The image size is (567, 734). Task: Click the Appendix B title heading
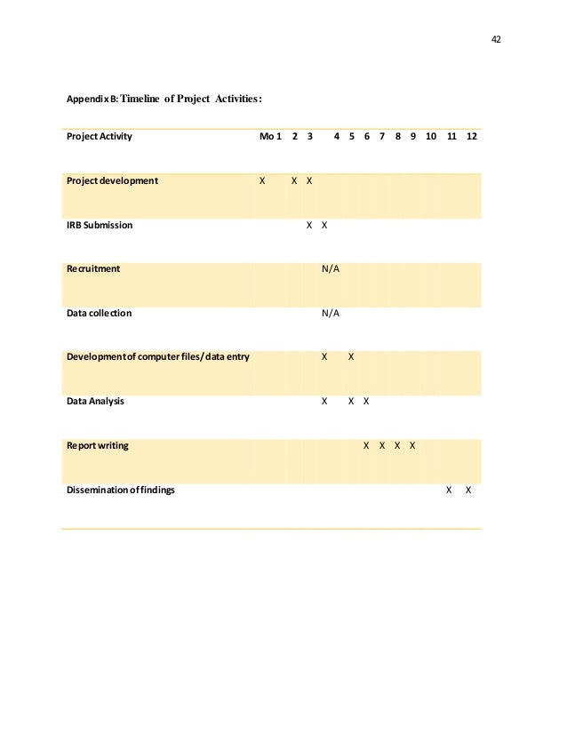pyautogui.click(x=164, y=99)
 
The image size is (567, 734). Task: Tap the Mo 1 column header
pyautogui.click(x=270, y=137)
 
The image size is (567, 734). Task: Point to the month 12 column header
pyautogui.click(x=471, y=137)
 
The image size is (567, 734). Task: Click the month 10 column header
pyautogui.click(x=430, y=137)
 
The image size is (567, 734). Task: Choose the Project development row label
pyautogui.click(x=112, y=180)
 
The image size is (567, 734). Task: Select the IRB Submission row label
pyautogui.click(x=100, y=225)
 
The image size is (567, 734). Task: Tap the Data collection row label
pyautogui.click(x=99, y=313)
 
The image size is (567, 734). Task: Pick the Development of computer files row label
pyautogui.click(x=158, y=357)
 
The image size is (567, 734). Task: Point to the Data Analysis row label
pyautogui.click(x=96, y=401)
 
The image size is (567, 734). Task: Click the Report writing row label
pyautogui.click(x=98, y=445)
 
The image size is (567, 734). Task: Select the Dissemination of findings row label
pyautogui.click(x=121, y=490)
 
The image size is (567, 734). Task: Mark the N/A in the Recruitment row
pyautogui.click(x=331, y=268)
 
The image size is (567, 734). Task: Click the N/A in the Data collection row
pyautogui.click(x=331, y=313)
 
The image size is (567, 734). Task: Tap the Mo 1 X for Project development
pyautogui.click(x=262, y=180)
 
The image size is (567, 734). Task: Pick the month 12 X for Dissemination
pyautogui.click(x=468, y=490)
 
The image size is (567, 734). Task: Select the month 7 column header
pyautogui.click(x=382, y=137)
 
